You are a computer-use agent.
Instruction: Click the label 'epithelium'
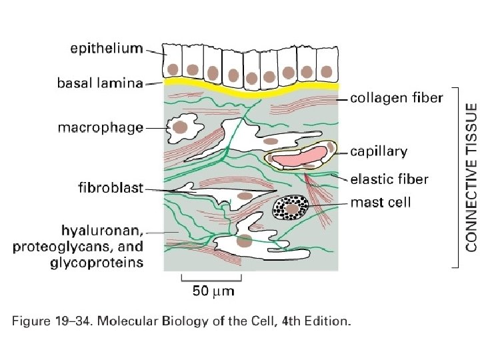click(107, 48)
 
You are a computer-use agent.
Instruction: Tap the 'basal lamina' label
click(100, 83)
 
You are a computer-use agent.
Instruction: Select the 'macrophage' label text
click(100, 127)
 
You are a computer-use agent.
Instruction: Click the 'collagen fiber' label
click(397, 98)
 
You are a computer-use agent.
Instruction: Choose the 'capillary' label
click(379, 152)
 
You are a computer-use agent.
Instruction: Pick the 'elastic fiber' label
click(389, 179)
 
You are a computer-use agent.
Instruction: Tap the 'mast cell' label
click(381, 202)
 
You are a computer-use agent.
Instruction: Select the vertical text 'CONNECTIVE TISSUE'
click(471, 177)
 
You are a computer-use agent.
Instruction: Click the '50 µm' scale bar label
click(213, 291)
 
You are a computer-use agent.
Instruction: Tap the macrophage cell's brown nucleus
click(179, 125)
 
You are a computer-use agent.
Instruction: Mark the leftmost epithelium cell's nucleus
click(172, 68)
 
